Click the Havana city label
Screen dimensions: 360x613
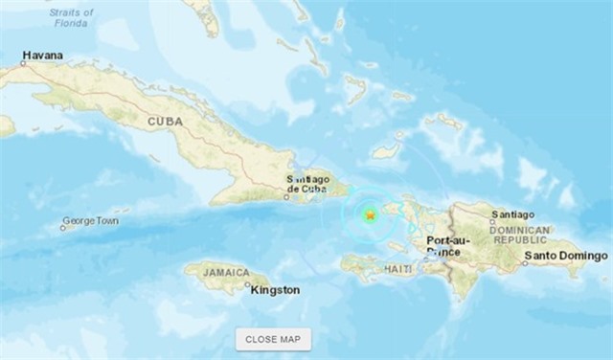tap(42, 56)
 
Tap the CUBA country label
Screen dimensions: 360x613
tap(165, 122)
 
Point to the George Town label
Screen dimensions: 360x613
tap(90, 221)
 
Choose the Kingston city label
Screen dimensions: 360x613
tap(275, 290)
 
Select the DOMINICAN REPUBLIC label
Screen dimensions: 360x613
tap(519, 235)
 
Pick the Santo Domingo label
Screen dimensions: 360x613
tap(565, 257)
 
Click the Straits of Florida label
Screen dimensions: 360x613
tap(73, 17)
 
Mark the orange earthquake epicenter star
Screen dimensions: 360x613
tap(371, 216)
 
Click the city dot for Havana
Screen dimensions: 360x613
tap(24, 64)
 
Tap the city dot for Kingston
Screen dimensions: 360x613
tap(247, 284)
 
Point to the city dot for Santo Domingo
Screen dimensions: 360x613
tap(523, 259)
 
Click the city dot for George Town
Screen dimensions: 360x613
tap(62, 228)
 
